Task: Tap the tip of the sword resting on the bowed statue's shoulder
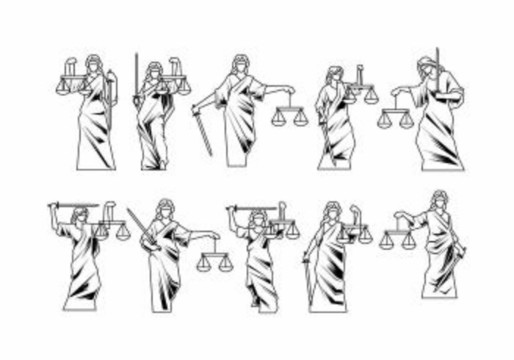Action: (438, 49)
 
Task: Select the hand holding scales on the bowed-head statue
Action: (397, 91)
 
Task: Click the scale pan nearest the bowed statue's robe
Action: (407, 122)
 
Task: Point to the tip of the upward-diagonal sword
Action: (128, 210)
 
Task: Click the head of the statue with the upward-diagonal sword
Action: (164, 208)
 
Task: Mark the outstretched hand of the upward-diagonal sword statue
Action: (214, 236)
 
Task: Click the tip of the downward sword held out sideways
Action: (210, 154)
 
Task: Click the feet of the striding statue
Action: (257, 303)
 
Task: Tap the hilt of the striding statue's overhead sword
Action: (234, 209)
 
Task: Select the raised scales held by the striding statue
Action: (282, 228)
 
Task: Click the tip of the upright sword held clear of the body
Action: (136, 54)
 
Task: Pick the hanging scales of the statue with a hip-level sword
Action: (397, 239)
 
